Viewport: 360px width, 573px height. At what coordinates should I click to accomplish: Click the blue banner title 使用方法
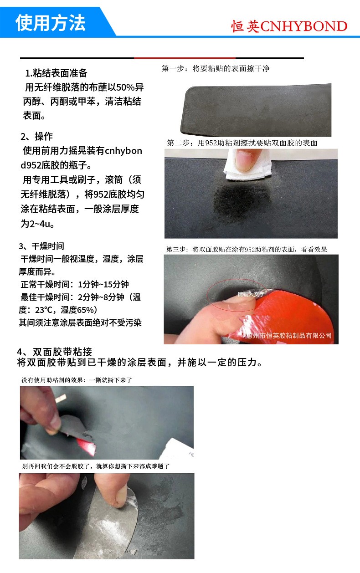[51, 23]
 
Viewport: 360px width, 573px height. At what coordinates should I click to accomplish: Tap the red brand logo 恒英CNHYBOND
[289, 26]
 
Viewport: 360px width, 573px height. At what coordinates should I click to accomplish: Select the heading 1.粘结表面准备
[56, 73]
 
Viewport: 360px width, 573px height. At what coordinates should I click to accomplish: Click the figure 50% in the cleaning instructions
[125, 87]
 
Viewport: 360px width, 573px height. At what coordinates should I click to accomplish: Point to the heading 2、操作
[36, 136]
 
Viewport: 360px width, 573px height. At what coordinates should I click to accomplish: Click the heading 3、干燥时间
[41, 246]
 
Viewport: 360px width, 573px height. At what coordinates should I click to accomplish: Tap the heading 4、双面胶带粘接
[54, 352]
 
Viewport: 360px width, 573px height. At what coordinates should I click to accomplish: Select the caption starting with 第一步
[216, 69]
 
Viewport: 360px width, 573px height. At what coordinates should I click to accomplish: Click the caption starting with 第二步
[242, 143]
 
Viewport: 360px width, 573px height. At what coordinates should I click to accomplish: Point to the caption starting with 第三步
[247, 250]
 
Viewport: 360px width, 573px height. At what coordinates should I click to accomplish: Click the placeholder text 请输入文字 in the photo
[251, 294]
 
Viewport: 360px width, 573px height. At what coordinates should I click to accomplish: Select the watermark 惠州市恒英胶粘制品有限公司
[289, 335]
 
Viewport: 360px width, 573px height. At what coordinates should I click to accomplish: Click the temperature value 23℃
[43, 310]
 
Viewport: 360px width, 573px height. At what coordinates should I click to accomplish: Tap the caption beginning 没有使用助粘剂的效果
[77, 380]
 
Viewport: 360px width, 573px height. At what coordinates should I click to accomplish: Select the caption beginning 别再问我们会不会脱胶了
[96, 466]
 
